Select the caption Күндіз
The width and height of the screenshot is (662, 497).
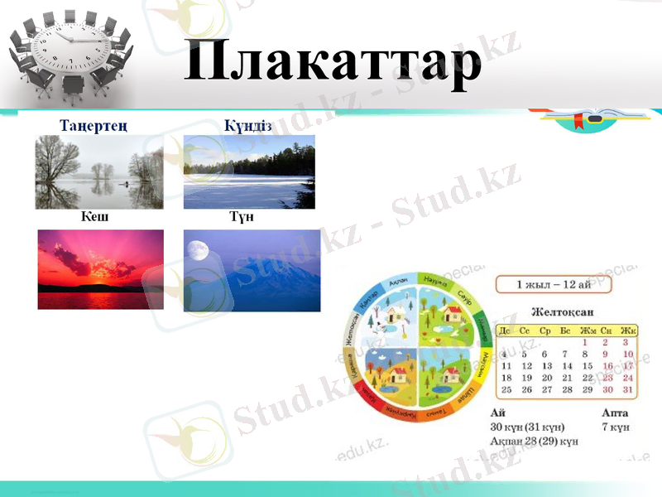click(248, 126)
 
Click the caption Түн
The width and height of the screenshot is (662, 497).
click(242, 217)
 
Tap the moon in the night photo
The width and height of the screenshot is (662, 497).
click(196, 249)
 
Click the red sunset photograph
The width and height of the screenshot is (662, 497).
click(100, 269)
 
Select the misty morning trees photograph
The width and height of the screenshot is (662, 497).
click(98, 171)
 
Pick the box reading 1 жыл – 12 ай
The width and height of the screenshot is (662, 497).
click(554, 284)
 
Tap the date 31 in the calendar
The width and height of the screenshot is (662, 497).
click(627, 389)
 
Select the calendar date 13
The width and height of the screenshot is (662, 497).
click(546, 365)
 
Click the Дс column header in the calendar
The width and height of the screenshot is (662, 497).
click(506, 331)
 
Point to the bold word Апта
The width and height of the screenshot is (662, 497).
click(616, 413)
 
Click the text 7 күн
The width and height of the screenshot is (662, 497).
click(616, 427)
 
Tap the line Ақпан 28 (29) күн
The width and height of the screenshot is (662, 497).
click(534, 442)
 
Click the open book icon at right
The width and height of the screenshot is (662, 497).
click(588, 116)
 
